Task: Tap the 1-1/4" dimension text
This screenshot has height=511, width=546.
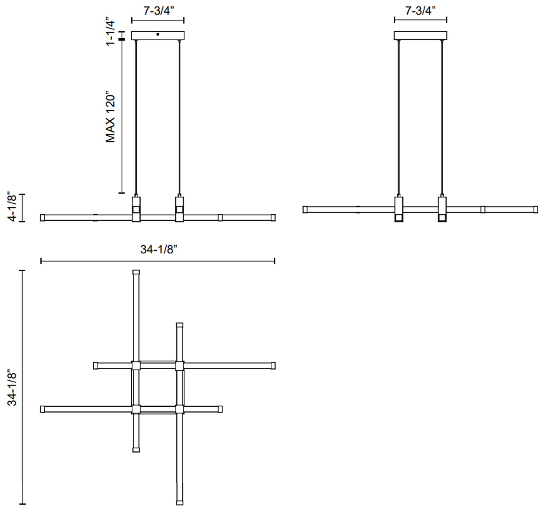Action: (110, 32)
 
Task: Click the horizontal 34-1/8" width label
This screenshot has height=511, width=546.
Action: (159, 249)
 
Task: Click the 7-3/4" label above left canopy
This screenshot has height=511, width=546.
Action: (158, 11)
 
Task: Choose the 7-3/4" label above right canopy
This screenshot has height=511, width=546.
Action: (420, 11)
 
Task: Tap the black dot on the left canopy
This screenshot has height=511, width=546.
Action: (158, 34)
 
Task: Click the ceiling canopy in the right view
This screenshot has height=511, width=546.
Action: (420, 35)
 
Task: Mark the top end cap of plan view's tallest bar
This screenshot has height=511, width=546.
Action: (136, 272)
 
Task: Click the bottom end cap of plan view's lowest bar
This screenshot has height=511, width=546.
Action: (180, 503)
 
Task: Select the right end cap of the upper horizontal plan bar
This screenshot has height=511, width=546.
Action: (273, 366)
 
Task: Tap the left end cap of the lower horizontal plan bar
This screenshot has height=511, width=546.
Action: (43, 409)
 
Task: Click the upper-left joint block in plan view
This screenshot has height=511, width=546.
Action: (136, 366)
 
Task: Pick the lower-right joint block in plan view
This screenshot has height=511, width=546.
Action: (180, 409)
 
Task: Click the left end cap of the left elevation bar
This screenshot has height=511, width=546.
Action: (43, 218)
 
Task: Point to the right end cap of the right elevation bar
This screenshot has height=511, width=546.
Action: (536, 210)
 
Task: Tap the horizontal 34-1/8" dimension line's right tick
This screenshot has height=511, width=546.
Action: (274, 261)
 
